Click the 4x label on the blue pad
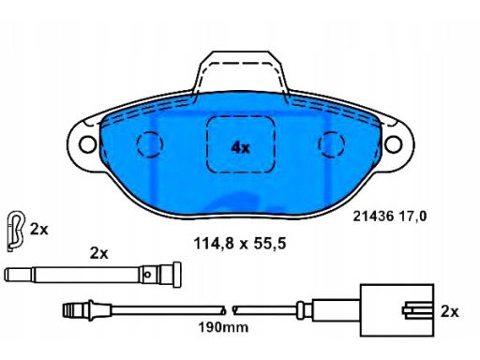tap(240, 147)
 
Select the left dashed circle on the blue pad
tap(150, 143)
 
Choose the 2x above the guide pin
tap(98, 253)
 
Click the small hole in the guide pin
tap(149, 275)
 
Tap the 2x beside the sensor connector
tap(449, 309)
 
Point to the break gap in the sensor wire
tap(231, 308)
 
